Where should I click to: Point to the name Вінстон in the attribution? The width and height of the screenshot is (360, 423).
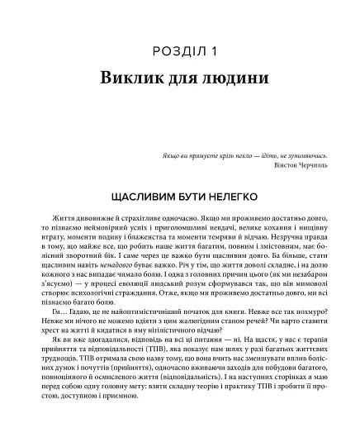coord(271,164)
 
